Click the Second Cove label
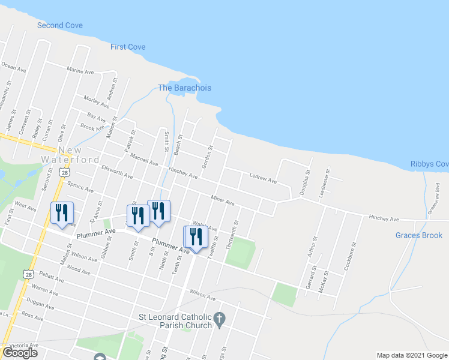pyautogui.click(x=60, y=25)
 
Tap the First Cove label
pyautogui.click(x=128, y=47)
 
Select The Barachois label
pyautogui.click(x=184, y=88)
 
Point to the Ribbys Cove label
pyautogui.click(x=430, y=164)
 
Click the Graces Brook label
pyautogui.click(x=419, y=235)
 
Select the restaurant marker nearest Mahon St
pyautogui.click(x=62, y=214)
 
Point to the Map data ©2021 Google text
pyautogui.click(x=411, y=355)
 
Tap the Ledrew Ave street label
pyautogui.click(x=263, y=179)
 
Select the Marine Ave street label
pyautogui.click(x=81, y=71)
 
